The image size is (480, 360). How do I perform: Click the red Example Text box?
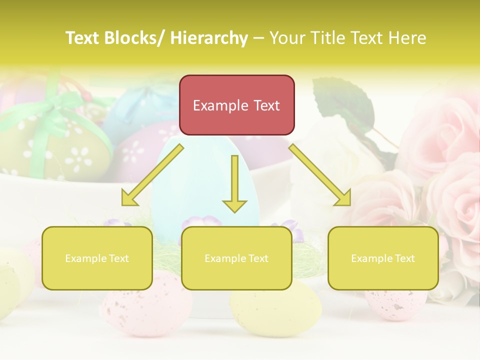pyautogui.click(x=236, y=105)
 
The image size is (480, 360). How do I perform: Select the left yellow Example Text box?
pyautogui.click(x=97, y=258)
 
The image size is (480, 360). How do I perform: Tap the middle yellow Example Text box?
pyautogui.click(x=236, y=258)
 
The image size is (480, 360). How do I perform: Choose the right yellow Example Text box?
pyautogui.click(x=383, y=258)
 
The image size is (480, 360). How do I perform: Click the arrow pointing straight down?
pyautogui.click(x=234, y=185)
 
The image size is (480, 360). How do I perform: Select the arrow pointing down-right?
pyautogui.click(x=320, y=175)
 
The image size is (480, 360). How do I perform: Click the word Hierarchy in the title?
pyautogui.click(x=208, y=38)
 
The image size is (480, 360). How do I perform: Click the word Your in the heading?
pyautogui.click(x=287, y=38)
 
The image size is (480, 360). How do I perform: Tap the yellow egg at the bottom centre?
pyautogui.click(x=275, y=310)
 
